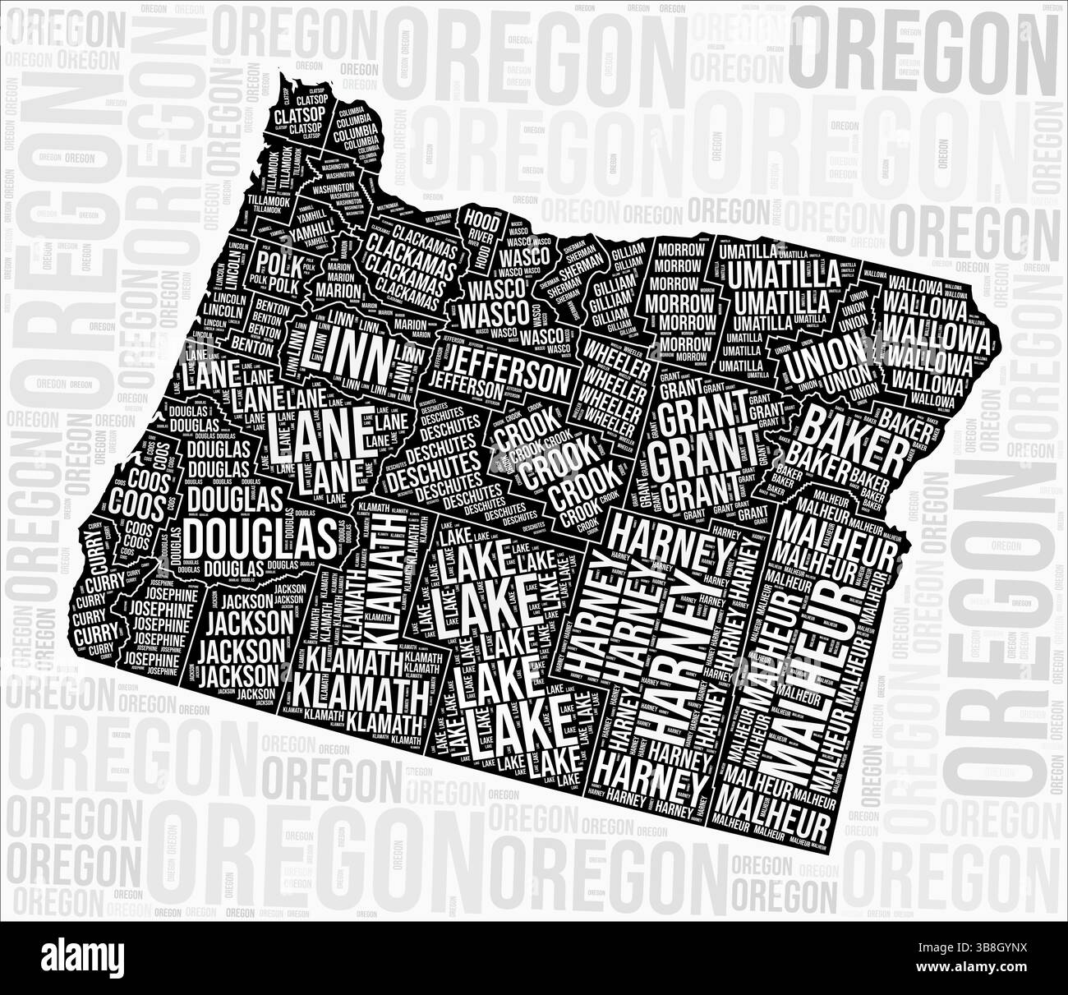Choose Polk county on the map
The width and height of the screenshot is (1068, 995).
275,265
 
